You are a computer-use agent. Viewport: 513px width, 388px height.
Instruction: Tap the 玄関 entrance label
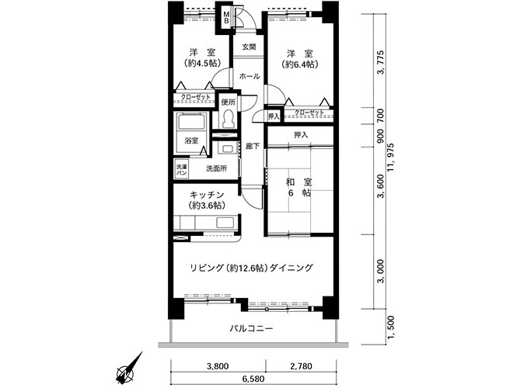[249, 47]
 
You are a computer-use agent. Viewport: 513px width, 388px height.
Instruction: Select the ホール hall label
[250, 77]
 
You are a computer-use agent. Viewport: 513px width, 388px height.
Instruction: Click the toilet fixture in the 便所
[228, 119]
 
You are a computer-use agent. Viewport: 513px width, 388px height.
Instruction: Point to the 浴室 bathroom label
[191, 141]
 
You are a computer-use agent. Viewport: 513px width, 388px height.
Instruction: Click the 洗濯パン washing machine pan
[181, 169]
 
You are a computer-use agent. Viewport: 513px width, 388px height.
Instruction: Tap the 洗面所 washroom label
[216, 168]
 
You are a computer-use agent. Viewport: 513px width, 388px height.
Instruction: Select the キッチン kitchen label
[207, 195]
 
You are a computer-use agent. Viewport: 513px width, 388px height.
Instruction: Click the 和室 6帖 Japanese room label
[299, 187]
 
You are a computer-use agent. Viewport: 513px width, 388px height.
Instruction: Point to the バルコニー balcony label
[251, 328]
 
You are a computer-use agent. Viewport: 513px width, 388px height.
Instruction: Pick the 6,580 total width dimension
[253, 379]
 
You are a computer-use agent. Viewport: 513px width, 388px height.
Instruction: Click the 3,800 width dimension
[218, 366]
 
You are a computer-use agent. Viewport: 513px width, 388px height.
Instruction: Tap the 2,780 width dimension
[301, 366]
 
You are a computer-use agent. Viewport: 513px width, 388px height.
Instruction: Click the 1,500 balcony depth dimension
[391, 327]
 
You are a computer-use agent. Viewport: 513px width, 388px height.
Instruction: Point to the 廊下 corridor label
[253, 147]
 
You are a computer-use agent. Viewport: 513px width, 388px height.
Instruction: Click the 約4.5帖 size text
[202, 62]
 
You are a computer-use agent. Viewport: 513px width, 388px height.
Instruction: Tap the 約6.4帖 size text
[300, 64]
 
